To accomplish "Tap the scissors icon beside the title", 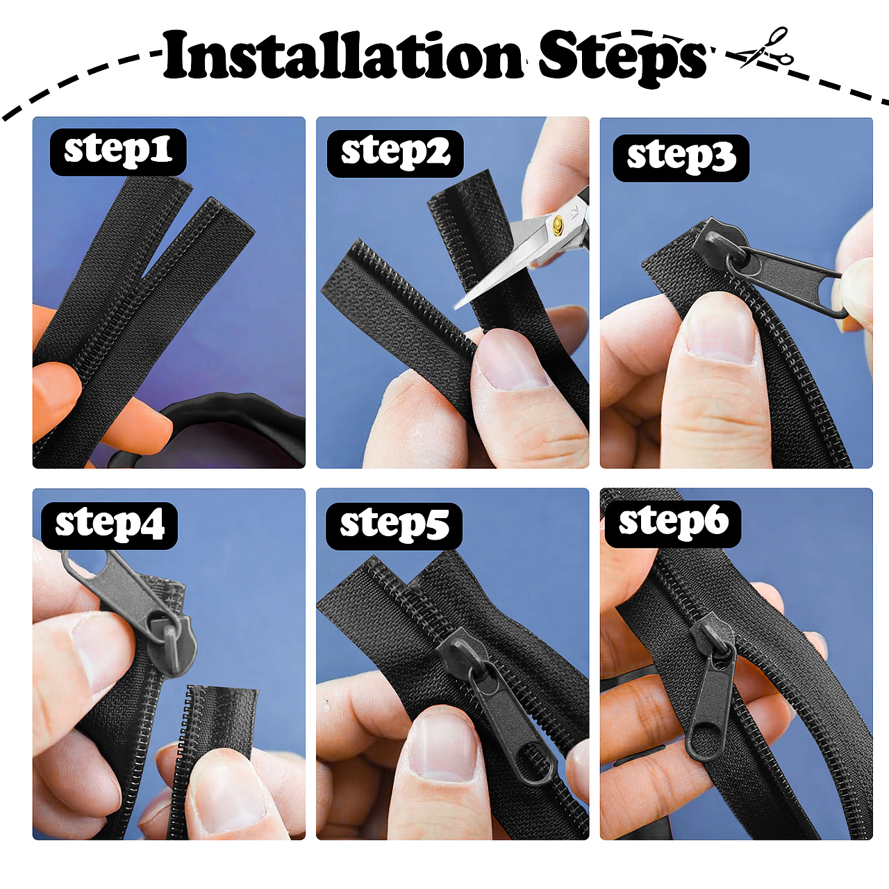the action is (765, 48).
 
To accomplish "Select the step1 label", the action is (118, 152).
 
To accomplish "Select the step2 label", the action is (395, 153).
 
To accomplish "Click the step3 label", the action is (681, 158).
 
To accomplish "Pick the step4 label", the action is (109, 526).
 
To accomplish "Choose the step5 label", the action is (394, 526).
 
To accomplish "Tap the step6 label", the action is (673, 524).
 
